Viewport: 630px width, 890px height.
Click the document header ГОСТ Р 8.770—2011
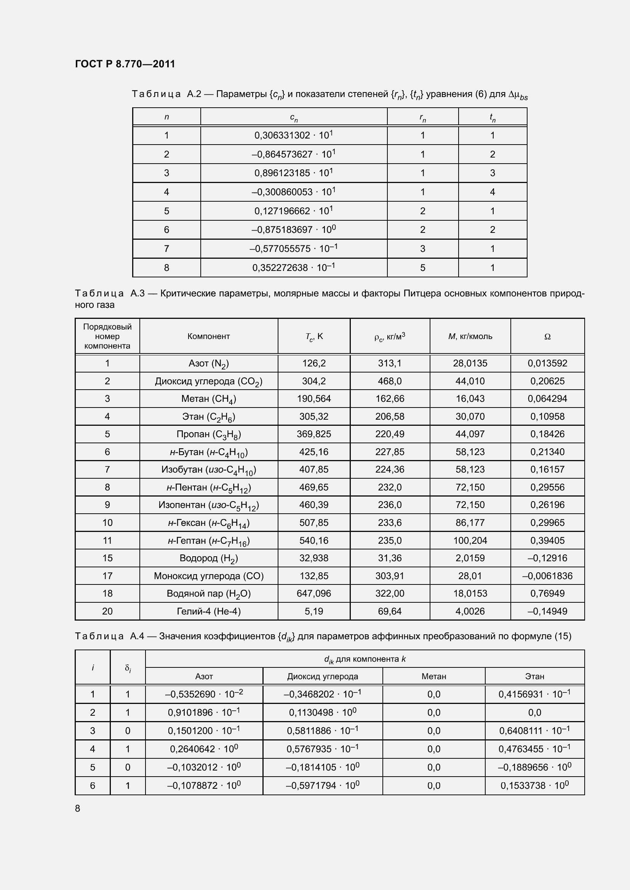[x=125, y=64]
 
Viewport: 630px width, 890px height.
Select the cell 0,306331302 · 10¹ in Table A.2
[x=294, y=135]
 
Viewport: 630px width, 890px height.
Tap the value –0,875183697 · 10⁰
[x=293, y=229]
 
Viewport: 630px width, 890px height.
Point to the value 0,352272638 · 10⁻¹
[x=294, y=267]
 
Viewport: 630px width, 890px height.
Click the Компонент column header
[x=208, y=336]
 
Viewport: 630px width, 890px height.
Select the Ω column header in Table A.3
[x=547, y=336]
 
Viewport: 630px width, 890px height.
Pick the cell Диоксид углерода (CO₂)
[x=208, y=381]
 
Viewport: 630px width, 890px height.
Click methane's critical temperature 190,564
[x=313, y=399]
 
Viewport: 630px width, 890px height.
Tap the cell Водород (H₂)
[x=208, y=558]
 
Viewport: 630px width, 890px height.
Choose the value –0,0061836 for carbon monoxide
[x=547, y=576]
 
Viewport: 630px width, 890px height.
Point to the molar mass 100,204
[x=470, y=540]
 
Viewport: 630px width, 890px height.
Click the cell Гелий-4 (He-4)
[x=208, y=611]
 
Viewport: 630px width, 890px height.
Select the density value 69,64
[x=390, y=611]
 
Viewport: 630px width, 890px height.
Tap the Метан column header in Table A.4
[x=434, y=677]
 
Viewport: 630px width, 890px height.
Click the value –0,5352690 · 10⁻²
[x=204, y=694]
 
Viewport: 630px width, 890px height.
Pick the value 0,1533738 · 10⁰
[x=534, y=786]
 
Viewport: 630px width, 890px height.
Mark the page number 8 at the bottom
[x=78, y=808]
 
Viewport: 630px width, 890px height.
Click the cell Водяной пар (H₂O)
[x=208, y=594]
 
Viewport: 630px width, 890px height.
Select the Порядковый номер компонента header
[x=107, y=336]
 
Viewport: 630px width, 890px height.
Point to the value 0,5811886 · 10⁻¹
[x=322, y=731]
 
